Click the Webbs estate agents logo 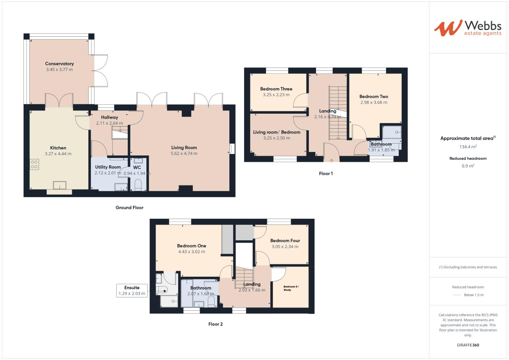[467, 28]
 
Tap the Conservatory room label [59, 64]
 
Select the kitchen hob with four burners [34, 164]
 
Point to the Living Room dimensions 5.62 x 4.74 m [184, 154]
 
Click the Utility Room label [108, 167]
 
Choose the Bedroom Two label [374, 97]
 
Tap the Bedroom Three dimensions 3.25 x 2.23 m [276, 95]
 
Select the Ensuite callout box [132, 290]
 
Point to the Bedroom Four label [285, 241]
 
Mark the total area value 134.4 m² [468, 146]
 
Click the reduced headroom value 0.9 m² [468, 166]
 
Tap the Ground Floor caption [129, 208]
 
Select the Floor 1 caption [326, 174]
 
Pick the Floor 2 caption [215, 324]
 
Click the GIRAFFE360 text [468, 345]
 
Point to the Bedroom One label [191, 246]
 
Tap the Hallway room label [109, 117]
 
